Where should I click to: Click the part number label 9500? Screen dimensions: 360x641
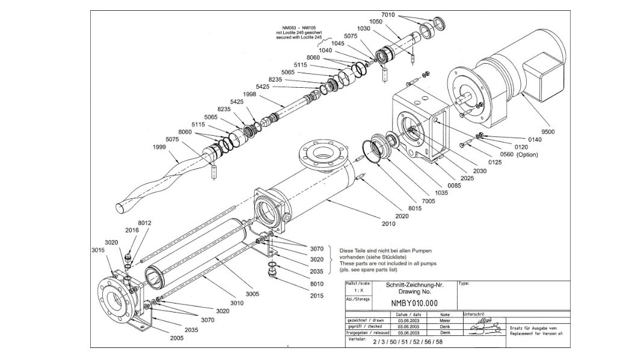tap(547, 132)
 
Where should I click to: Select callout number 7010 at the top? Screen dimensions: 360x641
tap(388, 14)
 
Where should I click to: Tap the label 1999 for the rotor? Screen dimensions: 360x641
tap(159, 147)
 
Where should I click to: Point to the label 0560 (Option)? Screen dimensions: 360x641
tap(519, 154)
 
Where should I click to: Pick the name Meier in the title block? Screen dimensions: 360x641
tap(444, 321)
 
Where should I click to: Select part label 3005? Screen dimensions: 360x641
tap(252, 294)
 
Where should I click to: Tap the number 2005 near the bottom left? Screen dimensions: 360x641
tap(177, 338)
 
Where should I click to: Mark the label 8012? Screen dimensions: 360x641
tap(144, 223)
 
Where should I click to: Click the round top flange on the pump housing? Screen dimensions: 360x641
tap(320, 153)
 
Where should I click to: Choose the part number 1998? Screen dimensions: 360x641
tap(249, 94)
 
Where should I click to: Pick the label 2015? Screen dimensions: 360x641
tap(317, 296)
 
